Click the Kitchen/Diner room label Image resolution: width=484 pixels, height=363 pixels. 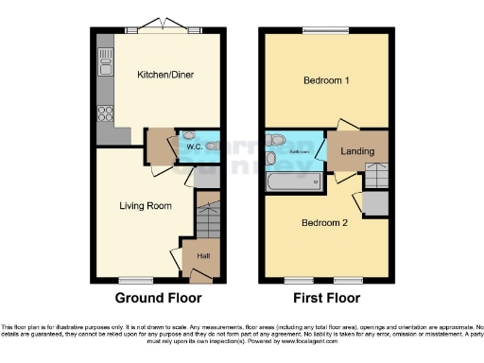[x=159, y=74]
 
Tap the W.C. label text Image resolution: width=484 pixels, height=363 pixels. [x=194, y=147]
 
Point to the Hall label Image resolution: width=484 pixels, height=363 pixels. [x=202, y=255]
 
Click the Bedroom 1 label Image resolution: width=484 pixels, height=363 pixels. [x=326, y=81]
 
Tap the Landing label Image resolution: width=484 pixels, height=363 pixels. [x=357, y=151]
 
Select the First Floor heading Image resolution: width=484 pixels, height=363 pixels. [x=325, y=298]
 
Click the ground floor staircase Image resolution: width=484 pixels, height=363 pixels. [x=207, y=220]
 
